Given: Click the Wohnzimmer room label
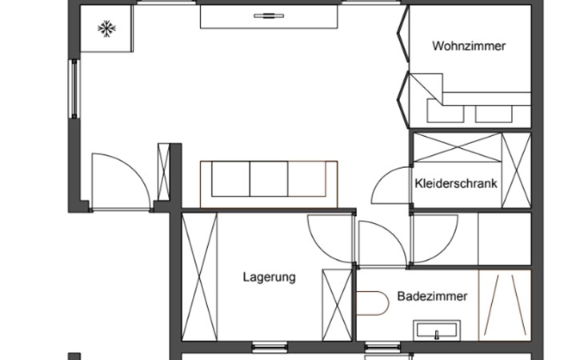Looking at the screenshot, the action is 469,46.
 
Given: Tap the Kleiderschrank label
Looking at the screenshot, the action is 456,183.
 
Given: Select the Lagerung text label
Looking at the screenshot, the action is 270,278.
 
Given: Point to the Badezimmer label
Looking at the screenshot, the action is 432,296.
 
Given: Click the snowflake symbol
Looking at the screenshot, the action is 107,29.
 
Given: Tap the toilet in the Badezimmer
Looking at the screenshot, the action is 373,303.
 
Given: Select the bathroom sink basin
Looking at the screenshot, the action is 437,330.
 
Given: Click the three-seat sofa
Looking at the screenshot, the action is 269,184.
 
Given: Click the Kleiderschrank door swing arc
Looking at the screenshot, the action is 383,178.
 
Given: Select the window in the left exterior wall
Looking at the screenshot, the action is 74,89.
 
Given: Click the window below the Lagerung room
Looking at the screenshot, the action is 270,347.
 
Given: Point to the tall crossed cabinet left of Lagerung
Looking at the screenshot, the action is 199,277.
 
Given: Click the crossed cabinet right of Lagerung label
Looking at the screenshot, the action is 337,305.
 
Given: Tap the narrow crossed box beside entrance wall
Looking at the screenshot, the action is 163,172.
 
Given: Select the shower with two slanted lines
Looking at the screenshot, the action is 505,306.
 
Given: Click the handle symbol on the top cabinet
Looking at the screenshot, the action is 269,16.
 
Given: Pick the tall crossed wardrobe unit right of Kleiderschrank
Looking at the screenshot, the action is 516,170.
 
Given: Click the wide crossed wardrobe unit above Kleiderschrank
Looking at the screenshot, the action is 458,147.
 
